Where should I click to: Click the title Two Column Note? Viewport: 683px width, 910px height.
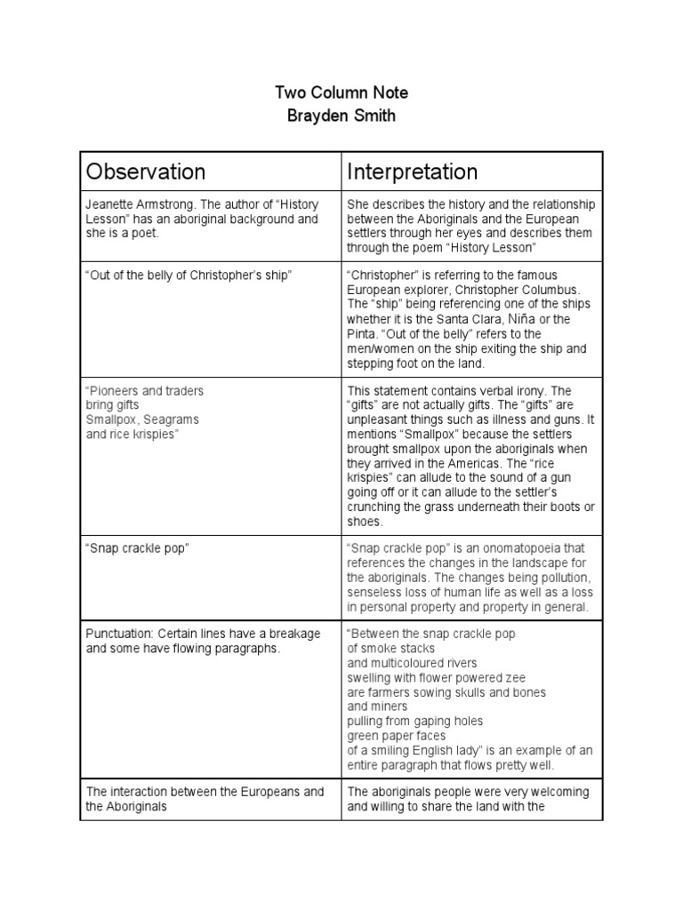[x=341, y=93]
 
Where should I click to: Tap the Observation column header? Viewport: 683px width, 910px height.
[x=145, y=172]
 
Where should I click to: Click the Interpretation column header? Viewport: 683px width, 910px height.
[x=412, y=172]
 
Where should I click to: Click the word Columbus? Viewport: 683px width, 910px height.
[x=550, y=291]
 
